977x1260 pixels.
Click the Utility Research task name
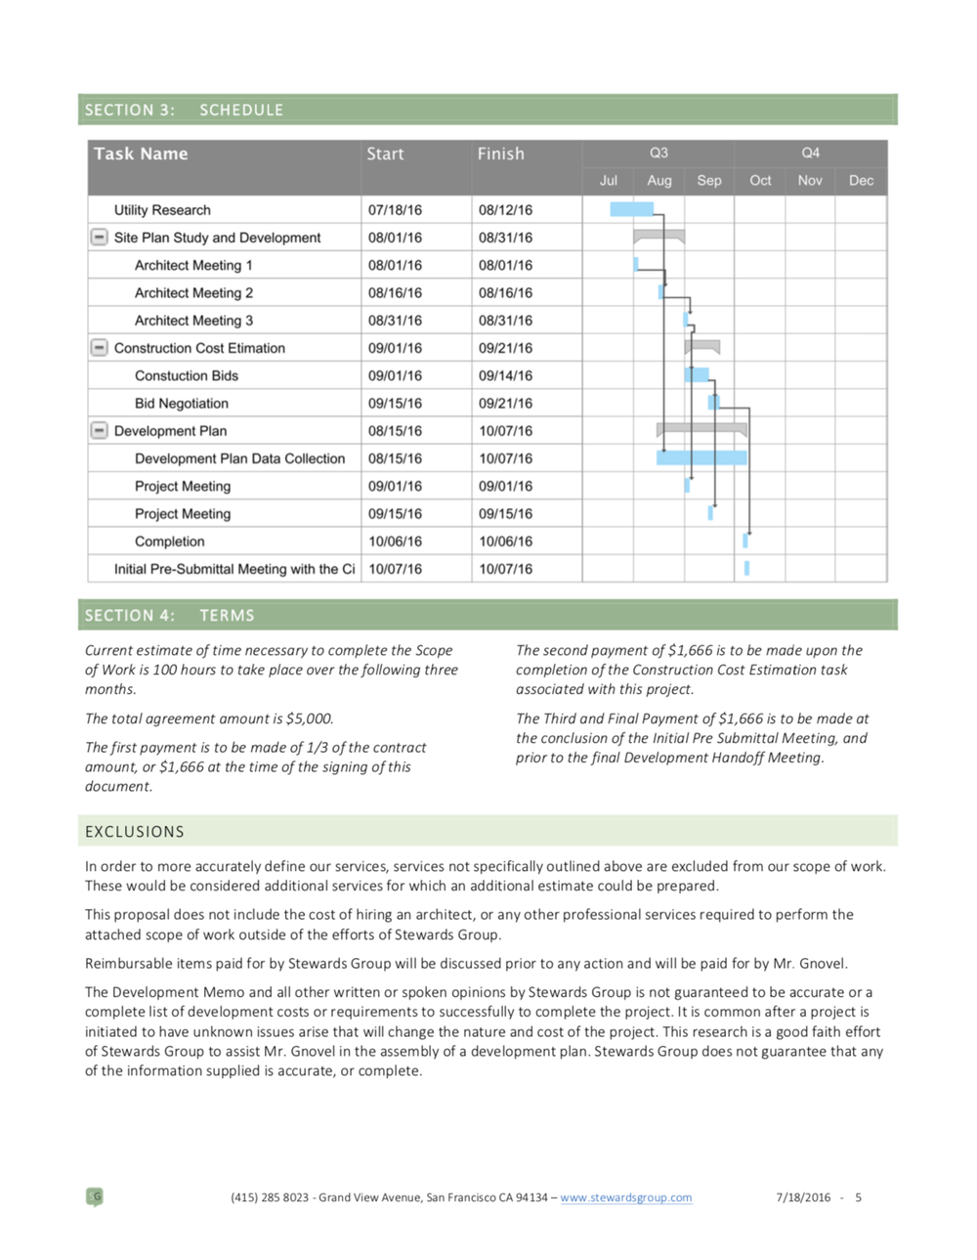(x=162, y=210)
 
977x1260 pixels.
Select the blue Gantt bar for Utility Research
(x=631, y=209)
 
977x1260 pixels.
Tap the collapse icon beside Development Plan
(x=99, y=430)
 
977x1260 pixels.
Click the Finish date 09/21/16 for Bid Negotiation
(x=505, y=403)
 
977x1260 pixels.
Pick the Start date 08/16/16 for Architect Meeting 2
(x=395, y=292)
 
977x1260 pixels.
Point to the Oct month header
(x=760, y=181)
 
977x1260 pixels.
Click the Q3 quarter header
(x=658, y=153)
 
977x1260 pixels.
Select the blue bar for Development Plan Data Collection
(x=701, y=457)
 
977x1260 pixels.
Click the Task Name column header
(x=141, y=153)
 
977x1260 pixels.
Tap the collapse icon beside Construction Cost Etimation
(x=99, y=347)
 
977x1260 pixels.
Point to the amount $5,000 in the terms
(x=310, y=718)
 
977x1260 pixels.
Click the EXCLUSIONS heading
(x=135, y=832)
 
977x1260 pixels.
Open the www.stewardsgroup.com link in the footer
(x=626, y=1197)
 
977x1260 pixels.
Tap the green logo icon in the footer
(x=95, y=1196)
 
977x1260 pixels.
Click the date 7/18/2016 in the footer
(x=803, y=1197)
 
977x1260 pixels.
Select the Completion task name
(x=170, y=542)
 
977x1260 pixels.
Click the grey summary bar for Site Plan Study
(x=658, y=235)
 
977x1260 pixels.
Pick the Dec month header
(x=861, y=181)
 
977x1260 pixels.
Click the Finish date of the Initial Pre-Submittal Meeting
(x=505, y=569)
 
